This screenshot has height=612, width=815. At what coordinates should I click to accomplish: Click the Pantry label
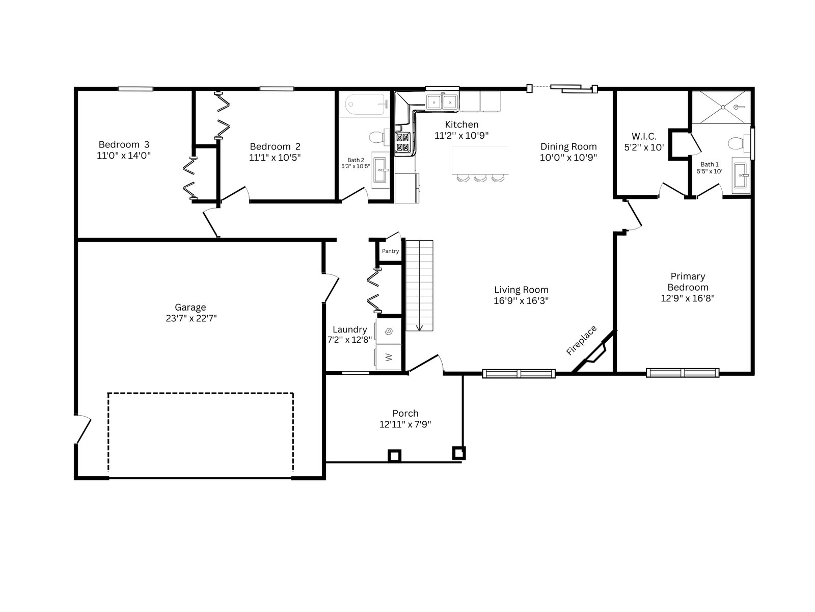click(390, 251)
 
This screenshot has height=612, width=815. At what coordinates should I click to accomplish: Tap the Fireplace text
click(581, 340)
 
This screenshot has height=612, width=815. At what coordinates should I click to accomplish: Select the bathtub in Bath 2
click(366, 105)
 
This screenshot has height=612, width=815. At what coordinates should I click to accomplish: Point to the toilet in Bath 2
click(379, 137)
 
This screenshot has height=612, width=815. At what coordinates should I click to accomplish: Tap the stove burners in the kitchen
click(403, 142)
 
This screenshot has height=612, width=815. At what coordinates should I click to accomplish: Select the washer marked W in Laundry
click(388, 356)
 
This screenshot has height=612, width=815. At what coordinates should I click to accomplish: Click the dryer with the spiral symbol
click(388, 331)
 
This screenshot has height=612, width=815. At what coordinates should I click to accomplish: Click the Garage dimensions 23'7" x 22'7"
click(191, 318)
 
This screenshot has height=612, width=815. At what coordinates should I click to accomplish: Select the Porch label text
click(405, 413)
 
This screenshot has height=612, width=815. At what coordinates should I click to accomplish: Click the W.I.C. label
click(644, 136)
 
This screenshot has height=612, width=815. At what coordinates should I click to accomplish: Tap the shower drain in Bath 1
click(723, 107)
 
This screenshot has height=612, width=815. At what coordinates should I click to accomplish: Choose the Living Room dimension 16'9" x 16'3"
click(521, 300)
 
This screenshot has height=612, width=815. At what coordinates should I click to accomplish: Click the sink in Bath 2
click(380, 170)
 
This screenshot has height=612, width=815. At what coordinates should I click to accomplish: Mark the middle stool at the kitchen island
click(480, 178)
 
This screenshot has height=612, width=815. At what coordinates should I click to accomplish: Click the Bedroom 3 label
click(124, 144)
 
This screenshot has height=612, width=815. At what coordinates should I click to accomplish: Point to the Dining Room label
click(568, 147)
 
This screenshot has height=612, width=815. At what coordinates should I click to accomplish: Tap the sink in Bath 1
click(741, 175)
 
